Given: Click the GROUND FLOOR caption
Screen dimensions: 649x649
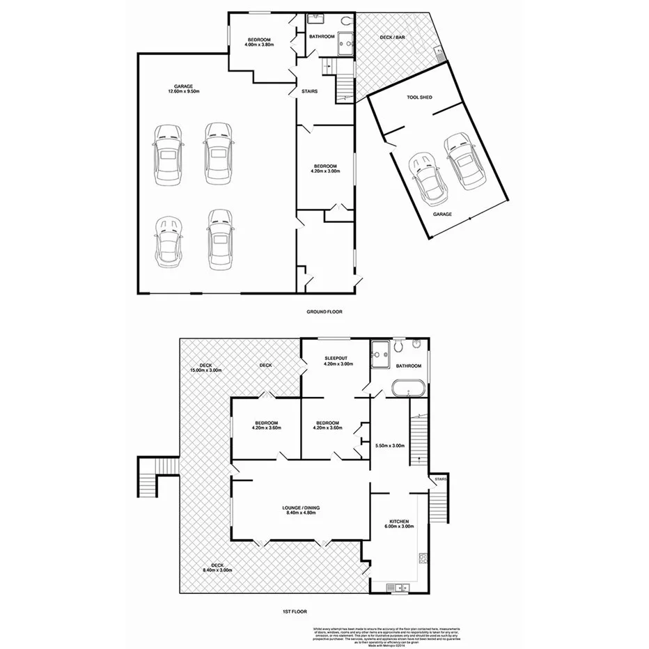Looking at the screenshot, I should (324, 312).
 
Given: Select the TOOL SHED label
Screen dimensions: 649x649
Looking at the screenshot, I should (419, 97).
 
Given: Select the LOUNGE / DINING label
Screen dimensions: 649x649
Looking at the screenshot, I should (302, 508).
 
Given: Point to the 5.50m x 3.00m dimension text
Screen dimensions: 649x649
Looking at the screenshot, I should (390, 446).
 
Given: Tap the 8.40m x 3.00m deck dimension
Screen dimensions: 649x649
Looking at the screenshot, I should (217, 570).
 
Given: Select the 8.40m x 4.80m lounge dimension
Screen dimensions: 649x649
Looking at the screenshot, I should (302, 515).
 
